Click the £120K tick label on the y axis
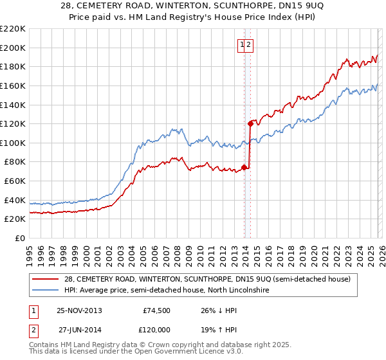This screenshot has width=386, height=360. coord(13,123)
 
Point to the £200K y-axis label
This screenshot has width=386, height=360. coord(13,48)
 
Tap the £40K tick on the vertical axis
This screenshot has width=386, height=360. coord(15,200)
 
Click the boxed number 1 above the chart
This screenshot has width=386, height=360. coord(243,44)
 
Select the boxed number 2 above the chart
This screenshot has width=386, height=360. coord(250,44)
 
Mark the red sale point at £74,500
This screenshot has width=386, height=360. coord(244,167)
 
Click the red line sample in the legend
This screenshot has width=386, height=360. coord(45,279)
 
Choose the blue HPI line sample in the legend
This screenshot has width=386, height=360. coord(45,291)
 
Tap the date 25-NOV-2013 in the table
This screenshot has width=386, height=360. coord(79,310)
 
